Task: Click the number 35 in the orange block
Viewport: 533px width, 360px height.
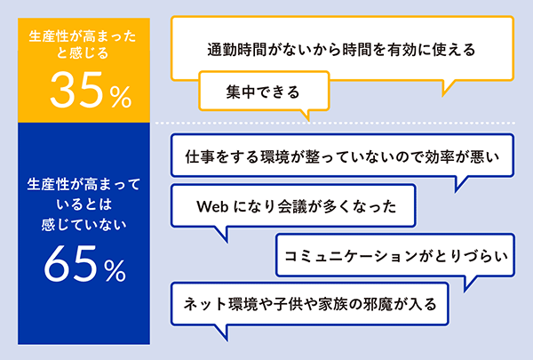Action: (76, 90)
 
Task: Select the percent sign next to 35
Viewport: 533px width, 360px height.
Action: (120, 97)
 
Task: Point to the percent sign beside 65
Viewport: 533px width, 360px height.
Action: (115, 270)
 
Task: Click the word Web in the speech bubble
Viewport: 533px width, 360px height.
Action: (212, 206)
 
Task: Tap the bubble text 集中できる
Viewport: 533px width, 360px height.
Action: (263, 92)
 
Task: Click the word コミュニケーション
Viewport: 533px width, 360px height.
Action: (351, 256)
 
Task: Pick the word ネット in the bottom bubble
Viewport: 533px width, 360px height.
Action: (205, 304)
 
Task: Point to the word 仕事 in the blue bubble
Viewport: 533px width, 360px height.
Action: (200, 156)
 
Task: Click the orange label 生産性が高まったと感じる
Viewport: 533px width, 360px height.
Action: (83, 44)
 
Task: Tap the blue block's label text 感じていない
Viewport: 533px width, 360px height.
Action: (84, 225)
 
